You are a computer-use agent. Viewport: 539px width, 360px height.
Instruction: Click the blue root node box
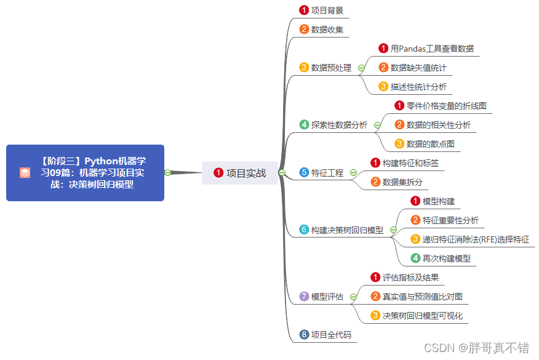pyautogui.click(x=85, y=172)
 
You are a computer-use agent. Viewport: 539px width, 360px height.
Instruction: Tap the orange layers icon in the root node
pyautogui.click(x=25, y=173)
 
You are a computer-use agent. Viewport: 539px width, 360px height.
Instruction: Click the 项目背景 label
pyautogui.click(x=327, y=10)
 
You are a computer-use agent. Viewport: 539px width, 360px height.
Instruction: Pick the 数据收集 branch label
pyautogui.click(x=327, y=29)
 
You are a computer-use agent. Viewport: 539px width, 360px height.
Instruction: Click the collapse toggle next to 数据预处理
pyautogui.click(x=361, y=68)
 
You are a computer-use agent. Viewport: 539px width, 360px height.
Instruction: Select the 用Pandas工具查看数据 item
pyautogui.click(x=432, y=49)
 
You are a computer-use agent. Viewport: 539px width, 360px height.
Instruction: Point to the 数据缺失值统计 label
pyautogui.click(x=418, y=68)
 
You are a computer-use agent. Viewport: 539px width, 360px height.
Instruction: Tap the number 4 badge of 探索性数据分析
pyautogui.click(x=304, y=125)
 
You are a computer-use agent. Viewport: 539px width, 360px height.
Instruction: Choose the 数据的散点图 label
pyautogui.click(x=430, y=144)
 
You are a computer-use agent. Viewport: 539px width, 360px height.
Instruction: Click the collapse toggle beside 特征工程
pyautogui.click(x=353, y=173)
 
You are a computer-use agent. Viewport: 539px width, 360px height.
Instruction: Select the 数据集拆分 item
pyautogui.click(x=402, y=182)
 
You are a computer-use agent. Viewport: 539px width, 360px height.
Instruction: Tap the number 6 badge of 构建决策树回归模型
pyautogui.click(x=304, y=230)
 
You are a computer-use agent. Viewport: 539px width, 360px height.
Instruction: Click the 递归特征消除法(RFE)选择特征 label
pyautogui.click(x=476, y=239)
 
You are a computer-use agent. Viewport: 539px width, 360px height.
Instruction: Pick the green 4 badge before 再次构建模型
pyautogui.click(x=415, y=258)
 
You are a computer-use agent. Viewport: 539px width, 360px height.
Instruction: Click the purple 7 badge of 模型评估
pyautogui.click(x=304, y=297)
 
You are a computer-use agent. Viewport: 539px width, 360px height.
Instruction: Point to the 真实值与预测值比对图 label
pyautogui.click(x=422, y=297)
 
